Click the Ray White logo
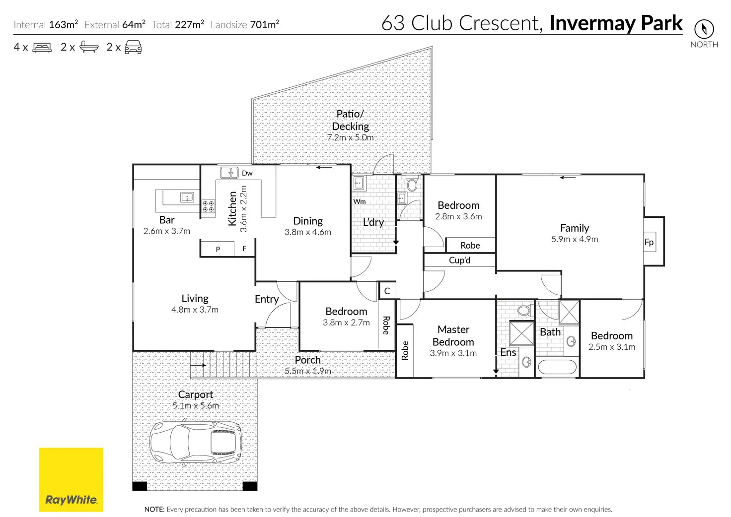click(71, 479)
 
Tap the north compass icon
click(704, 29)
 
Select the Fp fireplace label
click(649, 242)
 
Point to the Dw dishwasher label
click(247, 173)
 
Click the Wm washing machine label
click(360, 201)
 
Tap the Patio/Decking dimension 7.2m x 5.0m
click(350, 138)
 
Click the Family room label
click(575, 228)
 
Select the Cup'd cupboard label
click(459, 260)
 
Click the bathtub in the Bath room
click(557, 367)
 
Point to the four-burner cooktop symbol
click(208, 206)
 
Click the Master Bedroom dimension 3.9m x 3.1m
click(453, 353)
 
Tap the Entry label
click(267, 299)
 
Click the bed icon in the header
click(42, 48)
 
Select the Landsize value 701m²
click(265, 24)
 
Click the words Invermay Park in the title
click(615, 23)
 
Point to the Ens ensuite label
click(508, 352)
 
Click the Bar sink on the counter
click(187, 197)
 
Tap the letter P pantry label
click(218, 249)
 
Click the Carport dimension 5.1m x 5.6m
click(196, 406)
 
